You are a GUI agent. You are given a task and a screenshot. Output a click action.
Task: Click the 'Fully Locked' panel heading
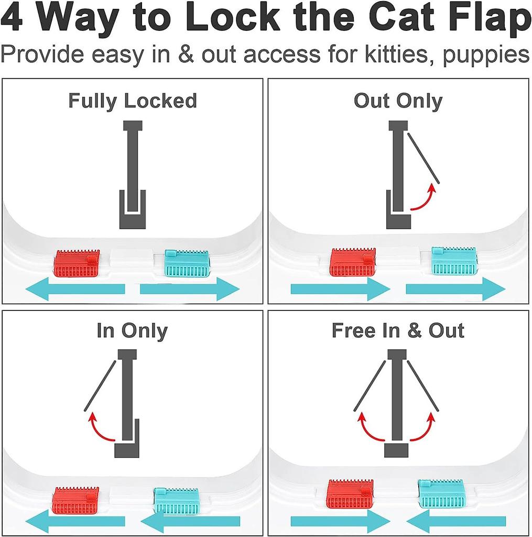coord(133,101)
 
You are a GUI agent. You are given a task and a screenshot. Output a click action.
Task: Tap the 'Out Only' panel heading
coord(398,101)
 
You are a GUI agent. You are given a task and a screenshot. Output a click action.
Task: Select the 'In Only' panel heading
coord(132,331)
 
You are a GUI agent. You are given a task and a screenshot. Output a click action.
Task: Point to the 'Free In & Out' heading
coord(398,331)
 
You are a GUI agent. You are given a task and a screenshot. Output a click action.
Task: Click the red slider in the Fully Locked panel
coord(77,264)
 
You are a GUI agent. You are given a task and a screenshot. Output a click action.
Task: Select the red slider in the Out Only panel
coord(352,262)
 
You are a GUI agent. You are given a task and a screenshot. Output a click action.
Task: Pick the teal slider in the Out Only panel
coord(454,261)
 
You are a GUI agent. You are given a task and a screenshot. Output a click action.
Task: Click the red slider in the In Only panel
coord(77,500)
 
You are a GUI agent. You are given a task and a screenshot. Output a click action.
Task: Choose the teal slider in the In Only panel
coord(177,501)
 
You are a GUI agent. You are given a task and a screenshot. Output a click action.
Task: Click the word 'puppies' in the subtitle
coord(485,55)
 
